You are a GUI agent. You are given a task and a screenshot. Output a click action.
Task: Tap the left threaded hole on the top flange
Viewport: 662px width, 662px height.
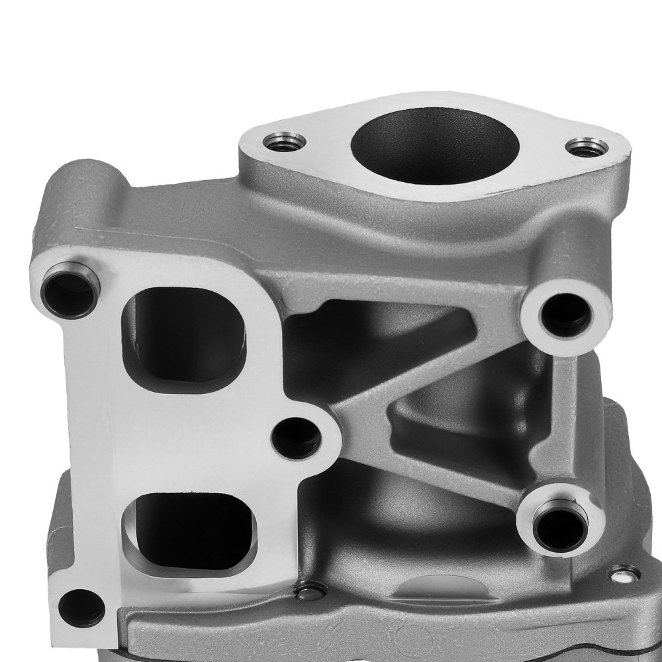coord(284,142)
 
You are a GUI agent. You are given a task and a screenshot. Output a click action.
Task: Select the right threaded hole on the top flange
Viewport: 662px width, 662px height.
coord(587,148)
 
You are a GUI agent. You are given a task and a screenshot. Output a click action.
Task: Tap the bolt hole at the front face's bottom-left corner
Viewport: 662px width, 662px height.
coord(81,607)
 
